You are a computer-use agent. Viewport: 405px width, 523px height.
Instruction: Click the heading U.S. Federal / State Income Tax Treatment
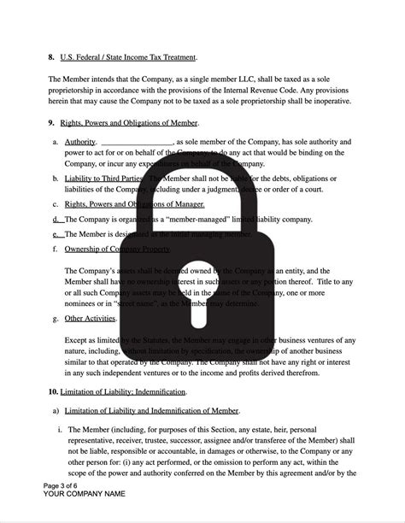[x=129, y=57]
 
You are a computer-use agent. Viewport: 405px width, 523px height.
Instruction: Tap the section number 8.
[x=51, y=57]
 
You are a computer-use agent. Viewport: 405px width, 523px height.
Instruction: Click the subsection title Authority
[x=79, y=142]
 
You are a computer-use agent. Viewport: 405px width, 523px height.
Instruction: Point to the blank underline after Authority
[x=137, y=143]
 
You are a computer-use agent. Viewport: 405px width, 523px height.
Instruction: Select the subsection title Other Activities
[x=91, y=319]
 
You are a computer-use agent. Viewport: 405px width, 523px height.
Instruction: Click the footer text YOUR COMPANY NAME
[x=85, y=495]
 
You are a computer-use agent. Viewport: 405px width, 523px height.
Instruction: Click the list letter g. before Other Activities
[x=56, y=319]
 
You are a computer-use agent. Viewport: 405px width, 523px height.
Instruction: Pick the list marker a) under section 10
[x=56, y=412]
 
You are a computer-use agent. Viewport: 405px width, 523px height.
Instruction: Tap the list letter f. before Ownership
[x=56, y=250]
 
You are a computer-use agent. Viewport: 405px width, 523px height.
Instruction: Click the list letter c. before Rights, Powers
[x=56, y=204]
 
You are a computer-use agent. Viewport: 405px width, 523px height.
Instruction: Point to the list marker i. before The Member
[x=60, y=429]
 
